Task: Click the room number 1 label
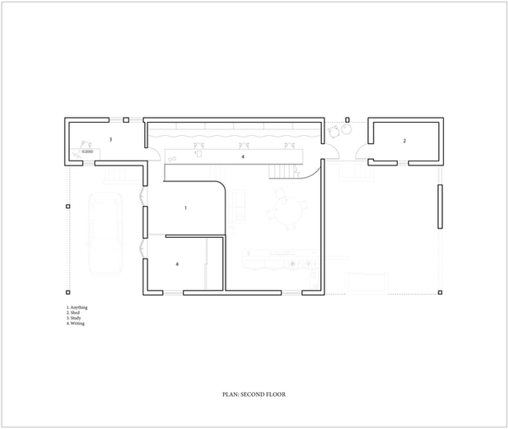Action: pyautogui.click(x=185, y=208)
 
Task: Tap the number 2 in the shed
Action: pyautogui.click(x=404, y=142)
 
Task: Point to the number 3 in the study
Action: pyautogui.click(x=110, y=141)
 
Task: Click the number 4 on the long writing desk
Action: pyautogui.click(x=242, y=156)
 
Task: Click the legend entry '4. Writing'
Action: pyautogui.click(x=76, y=324)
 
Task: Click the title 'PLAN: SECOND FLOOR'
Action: pyautogui.click(x=254, y=394)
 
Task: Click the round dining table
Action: pyautogui.click(x=286, y=212)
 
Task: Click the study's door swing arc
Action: pyautogui.click(x=153, y=149)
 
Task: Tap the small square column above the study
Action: pyautogui.click(x=125, y=120)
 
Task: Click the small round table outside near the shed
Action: pyautogui.click(x=334, y=132)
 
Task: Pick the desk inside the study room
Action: pyautogui.click(x=85, y=152)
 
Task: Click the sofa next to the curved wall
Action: pyautogui.click(x=240, y=205)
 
